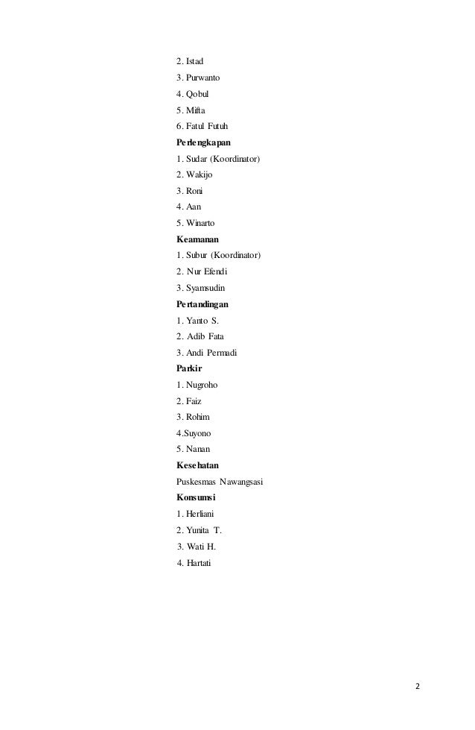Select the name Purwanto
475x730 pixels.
click(x=205, y=77)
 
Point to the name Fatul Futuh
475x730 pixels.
click(x=207, y=125)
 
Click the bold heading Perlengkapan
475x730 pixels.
click(x=205, y=142)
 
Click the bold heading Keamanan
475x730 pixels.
click(x=198, y=239)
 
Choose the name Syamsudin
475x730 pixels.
click(x=206, y=288)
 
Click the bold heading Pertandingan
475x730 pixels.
click(x=203, y=304)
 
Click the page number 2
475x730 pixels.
click(x=417, y=687)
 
